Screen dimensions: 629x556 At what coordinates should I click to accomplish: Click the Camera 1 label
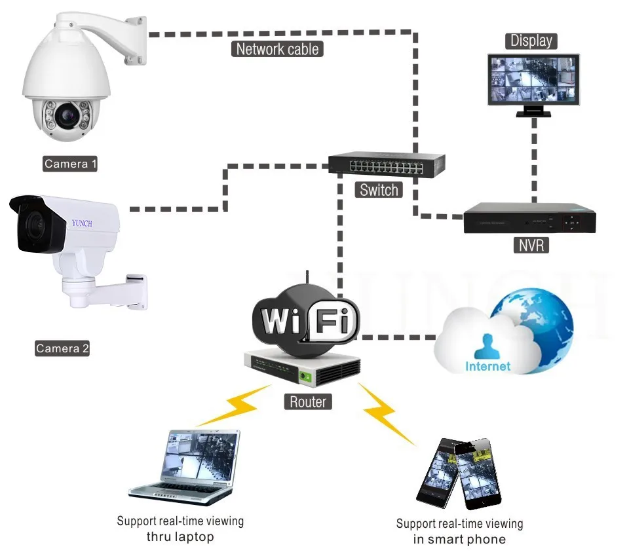(70, 164)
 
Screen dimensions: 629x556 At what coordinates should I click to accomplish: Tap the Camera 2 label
(62, 348)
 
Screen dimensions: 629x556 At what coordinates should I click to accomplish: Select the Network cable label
(277, 49)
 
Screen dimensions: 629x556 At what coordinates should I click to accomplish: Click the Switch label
(379, 190)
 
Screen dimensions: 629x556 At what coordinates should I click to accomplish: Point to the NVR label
(531, 245)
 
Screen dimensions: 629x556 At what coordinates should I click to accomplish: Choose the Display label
(531, 41)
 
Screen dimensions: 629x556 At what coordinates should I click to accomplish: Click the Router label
(308, 401)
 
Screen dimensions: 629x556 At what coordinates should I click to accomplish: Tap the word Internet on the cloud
(487, 366)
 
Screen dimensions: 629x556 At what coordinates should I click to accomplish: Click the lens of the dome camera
(67, 115)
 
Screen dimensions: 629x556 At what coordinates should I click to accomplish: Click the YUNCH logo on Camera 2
(82, 223)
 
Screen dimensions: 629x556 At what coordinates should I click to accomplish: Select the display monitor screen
(533, 79)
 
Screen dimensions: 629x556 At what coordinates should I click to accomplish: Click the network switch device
(387, 164)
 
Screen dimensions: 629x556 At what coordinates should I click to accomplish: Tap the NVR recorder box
(529, 217)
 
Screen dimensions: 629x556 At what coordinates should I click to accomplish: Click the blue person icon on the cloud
(487, 346)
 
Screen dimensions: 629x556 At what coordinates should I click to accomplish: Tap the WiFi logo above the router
(307, 320)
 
